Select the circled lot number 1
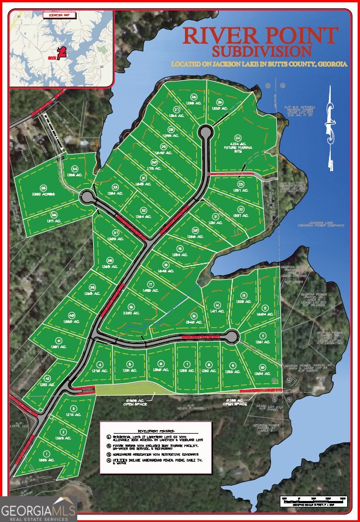click(46, 454)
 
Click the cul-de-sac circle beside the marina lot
click(205, 132)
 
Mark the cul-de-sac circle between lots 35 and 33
click(87, 196)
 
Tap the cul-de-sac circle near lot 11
click(231, 336)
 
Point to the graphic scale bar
click(310, 499)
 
